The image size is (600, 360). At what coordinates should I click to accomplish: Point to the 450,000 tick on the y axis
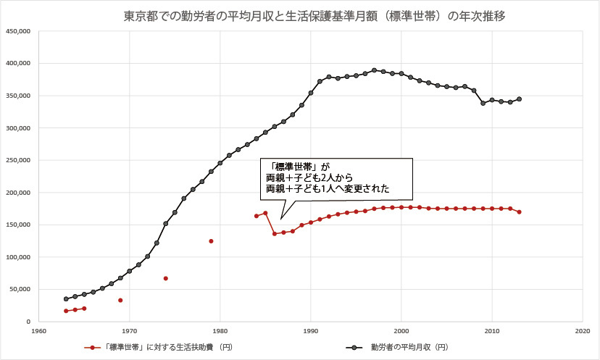[x=17, y=31]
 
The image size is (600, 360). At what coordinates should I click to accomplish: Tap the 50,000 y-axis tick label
[x=19, y=289]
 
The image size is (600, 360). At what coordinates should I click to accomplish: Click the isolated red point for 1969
[x=120, y=300]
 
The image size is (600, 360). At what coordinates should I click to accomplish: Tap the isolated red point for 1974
[x=165, y=278]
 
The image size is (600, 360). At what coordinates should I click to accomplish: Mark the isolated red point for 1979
[x=211, y=241]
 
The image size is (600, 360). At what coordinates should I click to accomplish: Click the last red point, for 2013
[x=519, y=212]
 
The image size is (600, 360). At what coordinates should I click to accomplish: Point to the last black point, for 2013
[x=519, y=99]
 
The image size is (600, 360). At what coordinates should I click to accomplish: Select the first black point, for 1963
[x=66, y=298]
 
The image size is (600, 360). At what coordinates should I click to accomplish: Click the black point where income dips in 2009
[x=483, y=104]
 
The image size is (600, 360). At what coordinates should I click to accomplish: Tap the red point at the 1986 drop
[x=275, y=234]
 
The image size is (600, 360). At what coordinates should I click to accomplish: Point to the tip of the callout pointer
[x=281, y=219]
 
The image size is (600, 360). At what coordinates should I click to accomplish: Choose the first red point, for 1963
[x=66, y=311]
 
